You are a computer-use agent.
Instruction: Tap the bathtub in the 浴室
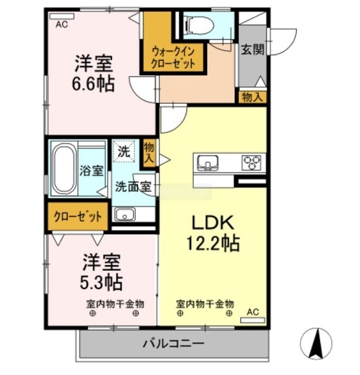(64, 169)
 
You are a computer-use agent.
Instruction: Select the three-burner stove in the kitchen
(251, 162)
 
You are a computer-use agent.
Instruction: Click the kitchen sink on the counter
(207, 163)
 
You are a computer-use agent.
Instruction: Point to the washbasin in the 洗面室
(125, 214)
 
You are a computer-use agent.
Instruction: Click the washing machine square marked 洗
(124, 151)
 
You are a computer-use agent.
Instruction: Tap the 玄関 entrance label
(252, 50)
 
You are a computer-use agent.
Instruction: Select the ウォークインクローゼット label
(173, 57)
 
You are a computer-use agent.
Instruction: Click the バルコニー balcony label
(173, 344)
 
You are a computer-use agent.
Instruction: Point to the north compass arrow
(317, 344)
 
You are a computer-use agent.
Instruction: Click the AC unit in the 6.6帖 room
(62, 16)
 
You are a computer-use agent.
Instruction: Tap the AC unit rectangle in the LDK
(253, 321)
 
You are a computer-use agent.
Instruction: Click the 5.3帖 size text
(101, 282)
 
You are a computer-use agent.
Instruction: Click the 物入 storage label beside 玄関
(252, 97)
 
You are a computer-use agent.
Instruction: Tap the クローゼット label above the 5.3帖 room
(78, 217)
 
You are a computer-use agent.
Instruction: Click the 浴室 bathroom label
(91, 171)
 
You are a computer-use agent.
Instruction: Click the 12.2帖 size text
(213, 243)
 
